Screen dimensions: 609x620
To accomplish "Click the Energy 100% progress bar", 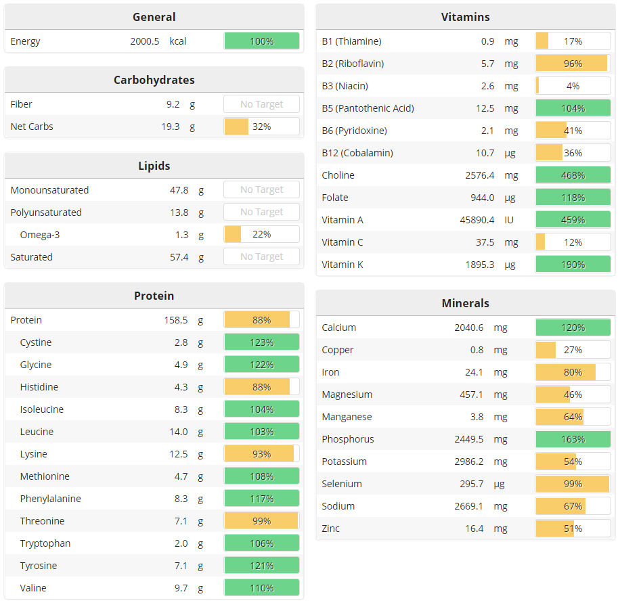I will click(261, 41).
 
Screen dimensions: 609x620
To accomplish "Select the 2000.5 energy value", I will click(145, 41).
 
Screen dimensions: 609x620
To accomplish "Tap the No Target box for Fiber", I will click(261, 104).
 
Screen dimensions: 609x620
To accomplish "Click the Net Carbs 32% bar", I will click(261, 127).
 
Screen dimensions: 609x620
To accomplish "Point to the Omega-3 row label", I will click(40, 235).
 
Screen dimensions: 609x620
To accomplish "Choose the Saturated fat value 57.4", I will click(179, 257).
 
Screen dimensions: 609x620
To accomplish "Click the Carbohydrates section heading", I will click(154, 80).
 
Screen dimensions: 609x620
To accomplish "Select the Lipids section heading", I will click(154, 166).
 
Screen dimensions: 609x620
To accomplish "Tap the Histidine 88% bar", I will click(261, 387).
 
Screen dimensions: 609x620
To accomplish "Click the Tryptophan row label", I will click(45, 543).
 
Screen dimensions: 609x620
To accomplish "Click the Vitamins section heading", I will click(465, 17).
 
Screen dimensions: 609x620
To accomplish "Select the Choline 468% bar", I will click(573, 175).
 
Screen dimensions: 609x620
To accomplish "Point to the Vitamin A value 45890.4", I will click(470, 220).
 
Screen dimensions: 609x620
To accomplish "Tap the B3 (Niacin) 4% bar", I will click(573, 86).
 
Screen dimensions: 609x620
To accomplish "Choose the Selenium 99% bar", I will click(573, 484).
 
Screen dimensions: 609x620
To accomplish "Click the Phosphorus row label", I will click(348, 439).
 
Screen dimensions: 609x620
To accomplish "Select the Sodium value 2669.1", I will click(469, 506).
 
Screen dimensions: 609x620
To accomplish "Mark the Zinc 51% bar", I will click(573, 528).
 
